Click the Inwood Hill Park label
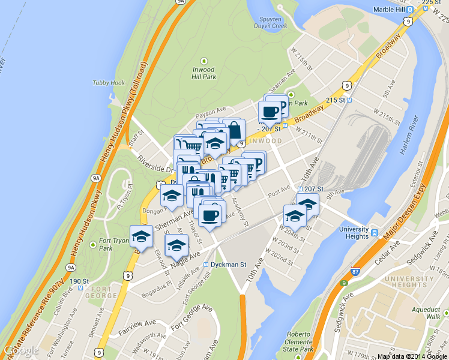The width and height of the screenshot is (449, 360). click(x=203, y=73)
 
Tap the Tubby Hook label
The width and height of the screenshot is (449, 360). click(x=109, y=83)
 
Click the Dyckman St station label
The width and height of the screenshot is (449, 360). click(x=226, y=265)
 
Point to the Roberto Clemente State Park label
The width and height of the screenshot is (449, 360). click(x=301, y=341)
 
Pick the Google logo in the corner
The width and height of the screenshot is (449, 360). click(x=21, y=350)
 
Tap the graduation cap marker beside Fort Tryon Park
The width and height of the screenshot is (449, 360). click(x=141, y=236)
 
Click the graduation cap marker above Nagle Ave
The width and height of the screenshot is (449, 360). click(x=176, y=245)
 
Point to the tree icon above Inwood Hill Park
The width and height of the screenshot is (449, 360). click(x=203, y=61)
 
